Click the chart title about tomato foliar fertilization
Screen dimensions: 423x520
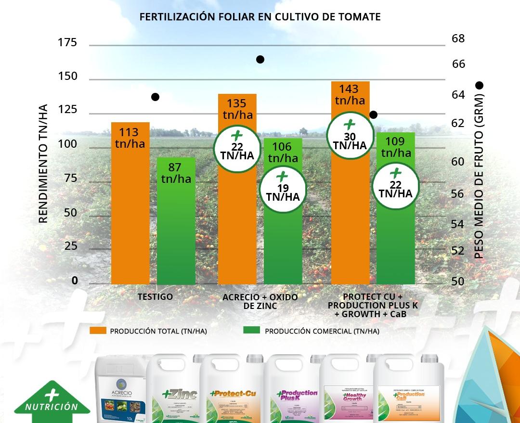pyautogui.click(x=260, y=17)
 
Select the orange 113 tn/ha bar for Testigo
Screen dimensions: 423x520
pyautogui.click(x=130, y=207)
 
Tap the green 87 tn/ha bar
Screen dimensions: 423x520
pyautogui.click(x=176, y=226)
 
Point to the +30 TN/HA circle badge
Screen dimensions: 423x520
pyautogui.click(x=350, y=135)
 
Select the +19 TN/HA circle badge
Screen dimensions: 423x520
pyautogui.click(x=283, y=186)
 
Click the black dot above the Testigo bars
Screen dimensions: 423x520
pyautogui.click(x=155, y=97)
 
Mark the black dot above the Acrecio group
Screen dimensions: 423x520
pyautogui.click(x=260, y=60)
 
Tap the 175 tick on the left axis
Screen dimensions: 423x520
pyautogui.click(x=67, y=43)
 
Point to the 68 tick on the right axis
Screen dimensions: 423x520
pyautogui.click(x=458, y=38)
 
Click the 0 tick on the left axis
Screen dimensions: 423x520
pyautogui.click(x=75, y=281)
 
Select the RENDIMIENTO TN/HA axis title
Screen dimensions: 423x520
pyautogui.click(x=43, y=164)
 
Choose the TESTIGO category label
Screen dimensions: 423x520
pyautogui.click(x=155, y=297)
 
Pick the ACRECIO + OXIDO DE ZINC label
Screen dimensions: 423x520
pyautogui.click(x=260, y=302)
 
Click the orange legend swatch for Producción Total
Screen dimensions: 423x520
pyautogui.click(x=98, y=331)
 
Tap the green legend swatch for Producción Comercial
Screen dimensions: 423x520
pyautogui.click(x=251, y=331)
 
